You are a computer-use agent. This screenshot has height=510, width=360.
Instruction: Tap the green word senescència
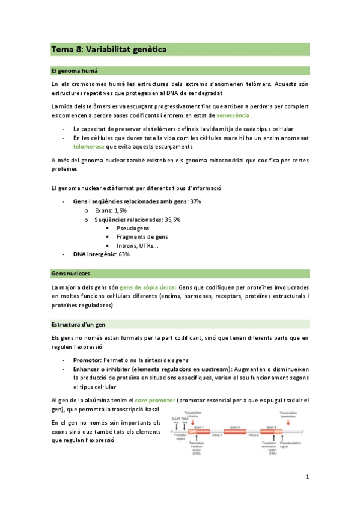233,115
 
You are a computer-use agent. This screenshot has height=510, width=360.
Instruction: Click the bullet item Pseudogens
133,228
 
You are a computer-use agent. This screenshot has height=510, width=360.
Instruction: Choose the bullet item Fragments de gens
142,236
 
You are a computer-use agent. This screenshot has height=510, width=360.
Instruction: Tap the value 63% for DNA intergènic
124,254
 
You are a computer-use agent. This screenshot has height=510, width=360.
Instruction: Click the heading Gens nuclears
71,274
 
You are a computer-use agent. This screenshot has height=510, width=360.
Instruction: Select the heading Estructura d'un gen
78,325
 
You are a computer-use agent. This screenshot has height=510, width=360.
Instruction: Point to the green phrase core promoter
155,400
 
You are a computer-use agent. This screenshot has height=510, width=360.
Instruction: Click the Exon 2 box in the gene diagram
236,431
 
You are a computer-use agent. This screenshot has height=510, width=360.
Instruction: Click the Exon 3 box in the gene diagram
271,431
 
